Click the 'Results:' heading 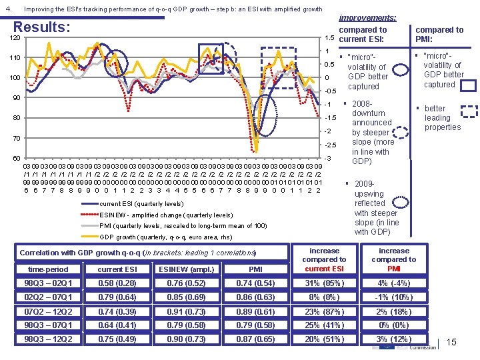tap(41, 27)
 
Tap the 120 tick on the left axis tap(15, 39)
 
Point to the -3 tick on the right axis tap(327, 158)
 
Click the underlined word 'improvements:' tap(368, 18)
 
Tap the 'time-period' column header tap(47, 269)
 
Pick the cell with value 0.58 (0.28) tap(117, 283)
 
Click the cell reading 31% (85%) tap(324, 283)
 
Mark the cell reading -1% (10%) tap(393, 297)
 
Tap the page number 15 tap(451, 342)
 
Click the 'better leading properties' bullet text tap(442, 117)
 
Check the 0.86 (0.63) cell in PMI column tap(255, 297)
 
